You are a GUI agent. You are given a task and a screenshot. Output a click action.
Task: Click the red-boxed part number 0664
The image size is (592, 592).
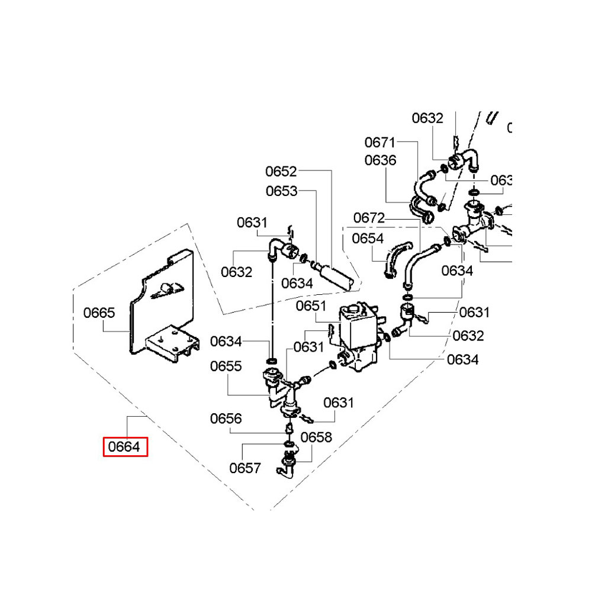coord(125,447)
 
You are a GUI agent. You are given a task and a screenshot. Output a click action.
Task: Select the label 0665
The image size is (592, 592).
coord(99,313)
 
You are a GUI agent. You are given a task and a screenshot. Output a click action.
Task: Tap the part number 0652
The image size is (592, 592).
coord(281,172)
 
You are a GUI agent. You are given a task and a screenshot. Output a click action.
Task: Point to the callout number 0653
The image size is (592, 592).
coord(281,191)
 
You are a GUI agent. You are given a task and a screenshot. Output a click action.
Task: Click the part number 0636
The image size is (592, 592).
coord(380,160)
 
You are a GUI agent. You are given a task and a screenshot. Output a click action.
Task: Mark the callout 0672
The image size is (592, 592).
coord(369,218)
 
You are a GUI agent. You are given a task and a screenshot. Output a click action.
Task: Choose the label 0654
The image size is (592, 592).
coord(368,238)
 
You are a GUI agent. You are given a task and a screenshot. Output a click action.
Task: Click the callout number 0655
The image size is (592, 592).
coord(226,366)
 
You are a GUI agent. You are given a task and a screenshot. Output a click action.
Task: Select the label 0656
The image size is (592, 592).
coord(226,419)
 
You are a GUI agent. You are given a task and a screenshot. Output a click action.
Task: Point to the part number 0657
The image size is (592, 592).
coord(245,468)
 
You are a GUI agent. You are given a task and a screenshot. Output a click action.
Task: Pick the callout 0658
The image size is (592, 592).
coord(316,437)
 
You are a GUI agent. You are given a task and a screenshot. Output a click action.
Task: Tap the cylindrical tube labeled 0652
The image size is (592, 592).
coord(337,278)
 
